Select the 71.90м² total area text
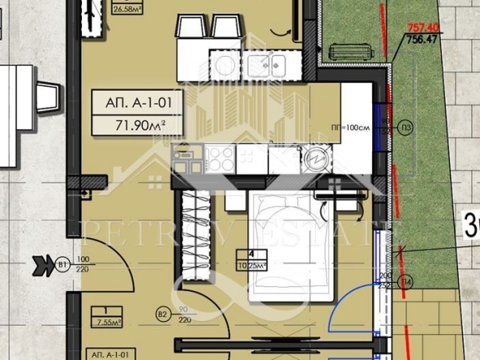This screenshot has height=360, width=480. coord(135,124)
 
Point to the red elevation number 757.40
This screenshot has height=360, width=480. coord(418,27)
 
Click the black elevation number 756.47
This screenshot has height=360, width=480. coord(418,37)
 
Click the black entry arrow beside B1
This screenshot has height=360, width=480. coord(41,264)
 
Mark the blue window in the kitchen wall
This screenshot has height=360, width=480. coord(379,117)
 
